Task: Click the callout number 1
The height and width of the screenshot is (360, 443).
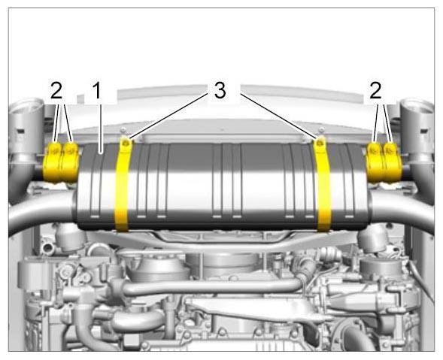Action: tap(97, 90)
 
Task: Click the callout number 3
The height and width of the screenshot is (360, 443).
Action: tap(220, 91)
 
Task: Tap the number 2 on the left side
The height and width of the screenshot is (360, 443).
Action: tap(56, 90)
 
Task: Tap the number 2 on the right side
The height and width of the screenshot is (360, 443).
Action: tap(375, 90)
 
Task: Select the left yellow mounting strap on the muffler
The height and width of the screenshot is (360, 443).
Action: tap(123, 183)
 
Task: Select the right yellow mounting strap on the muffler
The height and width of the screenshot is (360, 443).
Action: tap(323, 183)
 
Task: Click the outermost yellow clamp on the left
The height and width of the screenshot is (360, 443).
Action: tap(52, 162)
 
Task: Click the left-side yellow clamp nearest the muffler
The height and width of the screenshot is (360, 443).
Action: tap(69, 162)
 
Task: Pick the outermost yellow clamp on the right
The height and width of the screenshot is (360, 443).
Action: tap(393, 162)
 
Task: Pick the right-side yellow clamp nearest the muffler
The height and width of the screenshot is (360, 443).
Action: tap(375, 162)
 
